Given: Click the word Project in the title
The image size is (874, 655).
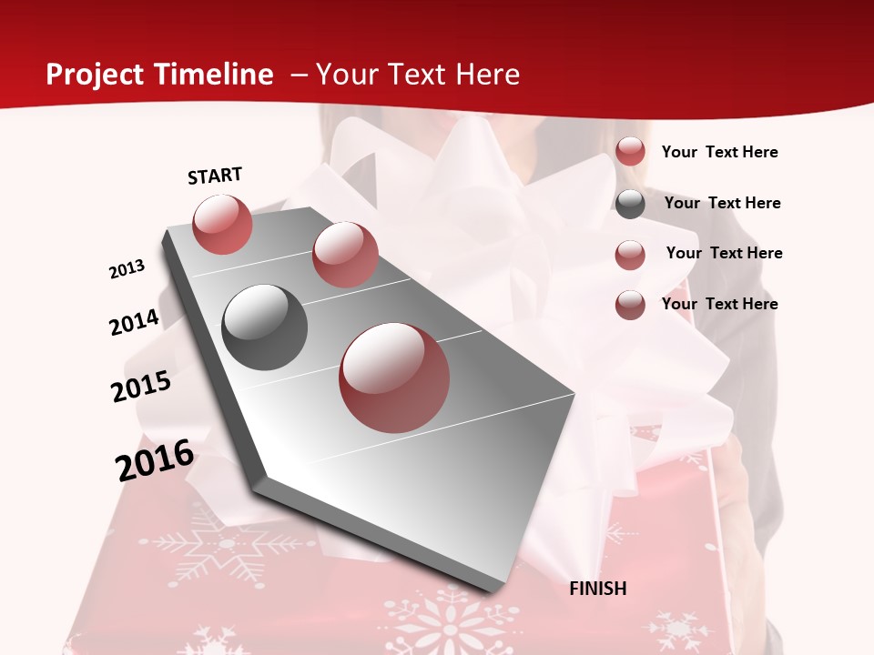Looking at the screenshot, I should click(94, 75).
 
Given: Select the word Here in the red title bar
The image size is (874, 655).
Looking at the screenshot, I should click(487, 75).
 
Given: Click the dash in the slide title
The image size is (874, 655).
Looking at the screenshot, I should click(299, 75).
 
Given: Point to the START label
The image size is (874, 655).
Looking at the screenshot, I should click(215, 176).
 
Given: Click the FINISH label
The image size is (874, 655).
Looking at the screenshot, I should click(597, 589).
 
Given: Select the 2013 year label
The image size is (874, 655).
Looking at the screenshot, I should click(127, 269).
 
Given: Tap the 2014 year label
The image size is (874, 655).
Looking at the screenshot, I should click(134, 322).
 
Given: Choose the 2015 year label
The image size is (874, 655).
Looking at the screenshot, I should click(141, 387).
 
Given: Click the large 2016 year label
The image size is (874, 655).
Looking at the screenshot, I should click(155, 459).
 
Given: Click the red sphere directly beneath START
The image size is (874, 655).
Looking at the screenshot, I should click(222, 224).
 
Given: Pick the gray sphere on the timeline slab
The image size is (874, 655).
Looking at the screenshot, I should click(264, 327).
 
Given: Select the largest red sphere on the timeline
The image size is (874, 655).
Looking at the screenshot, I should click(394, 378).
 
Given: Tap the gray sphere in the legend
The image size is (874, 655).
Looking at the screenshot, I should click(630, 204).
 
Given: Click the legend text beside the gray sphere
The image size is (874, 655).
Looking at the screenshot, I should click(722, 203).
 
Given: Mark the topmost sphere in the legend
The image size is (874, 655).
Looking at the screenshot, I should click(630, 152).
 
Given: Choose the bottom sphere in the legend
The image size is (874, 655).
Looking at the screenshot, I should click(630, 305).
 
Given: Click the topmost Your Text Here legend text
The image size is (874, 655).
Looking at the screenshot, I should click(719, 152).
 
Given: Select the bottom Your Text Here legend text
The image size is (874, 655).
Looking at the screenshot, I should click(719, 304).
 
